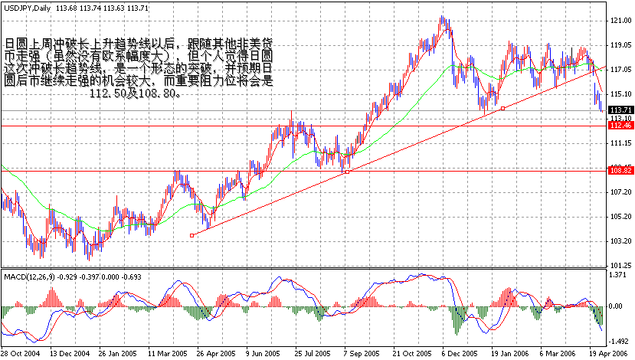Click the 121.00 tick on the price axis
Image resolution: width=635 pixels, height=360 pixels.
click(619, 21)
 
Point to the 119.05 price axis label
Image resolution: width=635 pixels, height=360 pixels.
click(619, 45)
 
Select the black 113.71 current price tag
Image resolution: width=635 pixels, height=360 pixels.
click(619, 110)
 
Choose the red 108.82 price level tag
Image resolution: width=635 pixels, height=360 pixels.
click(619, 170)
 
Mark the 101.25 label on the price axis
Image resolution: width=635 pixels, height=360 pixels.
click(619, 265)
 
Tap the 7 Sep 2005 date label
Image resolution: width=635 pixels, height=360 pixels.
click(360, 354)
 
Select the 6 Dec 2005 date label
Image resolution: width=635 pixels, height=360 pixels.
click(459, 354)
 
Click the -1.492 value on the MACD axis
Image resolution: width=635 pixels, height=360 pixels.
click(619, 342)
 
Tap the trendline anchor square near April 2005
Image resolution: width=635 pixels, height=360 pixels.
click(191, 235)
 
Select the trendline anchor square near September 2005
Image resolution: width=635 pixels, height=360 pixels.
click(347, 172)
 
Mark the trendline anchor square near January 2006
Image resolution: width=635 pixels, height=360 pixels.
click(502, 110)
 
